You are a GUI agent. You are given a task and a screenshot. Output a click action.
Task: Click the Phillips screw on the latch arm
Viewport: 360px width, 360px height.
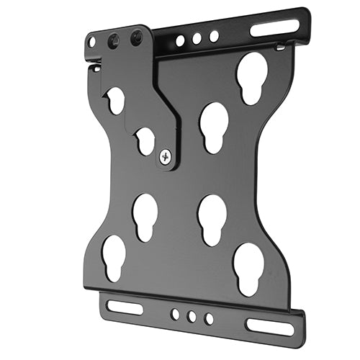click(x=167, y=154)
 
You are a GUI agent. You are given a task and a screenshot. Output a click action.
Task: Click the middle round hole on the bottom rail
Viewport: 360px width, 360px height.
click(x=192, y=316)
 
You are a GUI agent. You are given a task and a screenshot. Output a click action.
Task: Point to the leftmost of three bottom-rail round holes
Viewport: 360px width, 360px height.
click(x=175, y=314)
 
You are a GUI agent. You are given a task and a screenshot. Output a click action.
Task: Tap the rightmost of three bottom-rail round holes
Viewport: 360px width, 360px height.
click(x=209, y=318)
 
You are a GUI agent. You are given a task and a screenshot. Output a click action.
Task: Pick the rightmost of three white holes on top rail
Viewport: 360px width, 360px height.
click(x=214, y=36)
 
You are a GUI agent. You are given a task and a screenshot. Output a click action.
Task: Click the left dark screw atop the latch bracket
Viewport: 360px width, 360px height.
click(x=112, y=42)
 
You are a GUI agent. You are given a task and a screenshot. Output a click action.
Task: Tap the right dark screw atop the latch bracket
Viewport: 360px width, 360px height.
click(x=135, y=37)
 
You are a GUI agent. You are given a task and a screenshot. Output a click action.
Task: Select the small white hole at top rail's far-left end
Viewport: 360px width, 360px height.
click(x=91, y=43)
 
